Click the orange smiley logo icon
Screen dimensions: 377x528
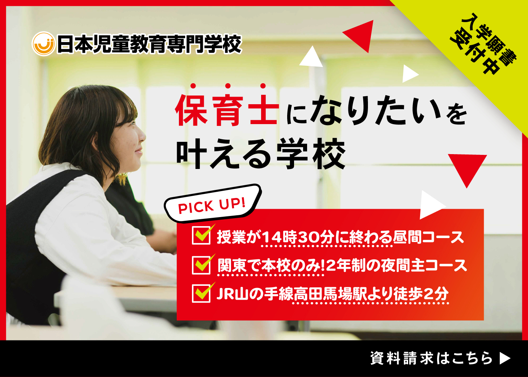click(43, 44)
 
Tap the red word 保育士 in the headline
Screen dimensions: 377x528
click(227, 111)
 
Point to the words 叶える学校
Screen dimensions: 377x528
click(261, 154)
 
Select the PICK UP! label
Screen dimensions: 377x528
click(212, 205)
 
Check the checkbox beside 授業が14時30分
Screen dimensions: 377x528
click(201, 236)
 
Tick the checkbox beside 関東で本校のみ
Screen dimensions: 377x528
click(201, 264)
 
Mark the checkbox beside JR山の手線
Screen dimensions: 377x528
click(201, 293)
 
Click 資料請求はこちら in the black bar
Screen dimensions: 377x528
click(431, 359)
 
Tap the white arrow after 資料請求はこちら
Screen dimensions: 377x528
click(505, 359)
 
